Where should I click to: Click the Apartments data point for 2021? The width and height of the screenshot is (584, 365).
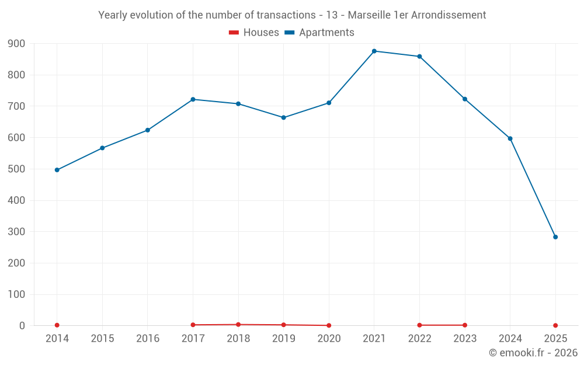click(x=374, y=51)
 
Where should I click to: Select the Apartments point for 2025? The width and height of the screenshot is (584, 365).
click(x=555, y=237)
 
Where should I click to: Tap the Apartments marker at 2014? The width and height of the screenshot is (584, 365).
click(x=57, y=170)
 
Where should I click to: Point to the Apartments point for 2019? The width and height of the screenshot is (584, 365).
click(x=284, y=117)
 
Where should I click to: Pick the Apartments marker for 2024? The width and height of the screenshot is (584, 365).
click(x=510, y=138)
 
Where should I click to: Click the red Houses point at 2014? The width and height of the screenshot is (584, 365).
click(x=57, y=325)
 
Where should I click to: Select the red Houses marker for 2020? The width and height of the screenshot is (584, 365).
click(x=329, y=325)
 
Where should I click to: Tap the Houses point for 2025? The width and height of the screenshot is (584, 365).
click(x=555, y=325)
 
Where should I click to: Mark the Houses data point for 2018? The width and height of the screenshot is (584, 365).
click(x=238, y=324)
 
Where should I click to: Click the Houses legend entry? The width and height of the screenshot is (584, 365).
click(x=254, y=33)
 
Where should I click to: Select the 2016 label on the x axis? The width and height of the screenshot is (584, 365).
click(x=148, y=339)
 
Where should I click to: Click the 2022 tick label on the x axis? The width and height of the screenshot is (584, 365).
click(x=419, y=339)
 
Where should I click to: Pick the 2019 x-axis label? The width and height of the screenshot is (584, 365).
click(x=284, y=339)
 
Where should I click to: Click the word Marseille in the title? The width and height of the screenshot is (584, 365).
click(x=369, y=15)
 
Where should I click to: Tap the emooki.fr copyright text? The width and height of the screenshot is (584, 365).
click(x=533, y=353)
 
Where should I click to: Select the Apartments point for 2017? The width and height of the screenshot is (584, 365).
click(x=193, y=99)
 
